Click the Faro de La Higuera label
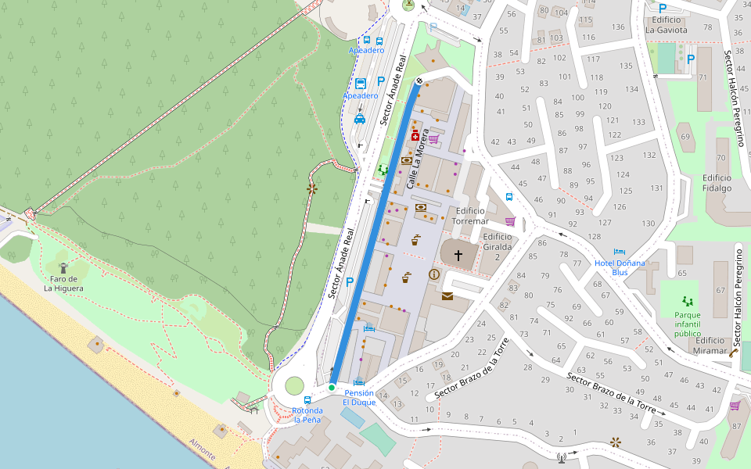coord(60,283)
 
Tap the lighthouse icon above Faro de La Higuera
coord(63,267)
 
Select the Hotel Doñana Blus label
coord(620,267)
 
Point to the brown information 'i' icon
coord(434,274)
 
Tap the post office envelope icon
coord(447,296)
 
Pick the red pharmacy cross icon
coord(415,135)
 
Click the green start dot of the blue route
coord(332,388)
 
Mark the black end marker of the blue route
coord(420,81)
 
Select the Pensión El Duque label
coord(358,397)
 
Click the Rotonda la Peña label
coord(307,415)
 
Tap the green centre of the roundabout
coord(293,385)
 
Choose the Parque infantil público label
coord(688,324)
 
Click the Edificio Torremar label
coord(472,216)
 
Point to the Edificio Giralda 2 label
coord(497,242)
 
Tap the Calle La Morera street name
coord(417,159)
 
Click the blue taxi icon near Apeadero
coord(360,119)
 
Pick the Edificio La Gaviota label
coord(666,25)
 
